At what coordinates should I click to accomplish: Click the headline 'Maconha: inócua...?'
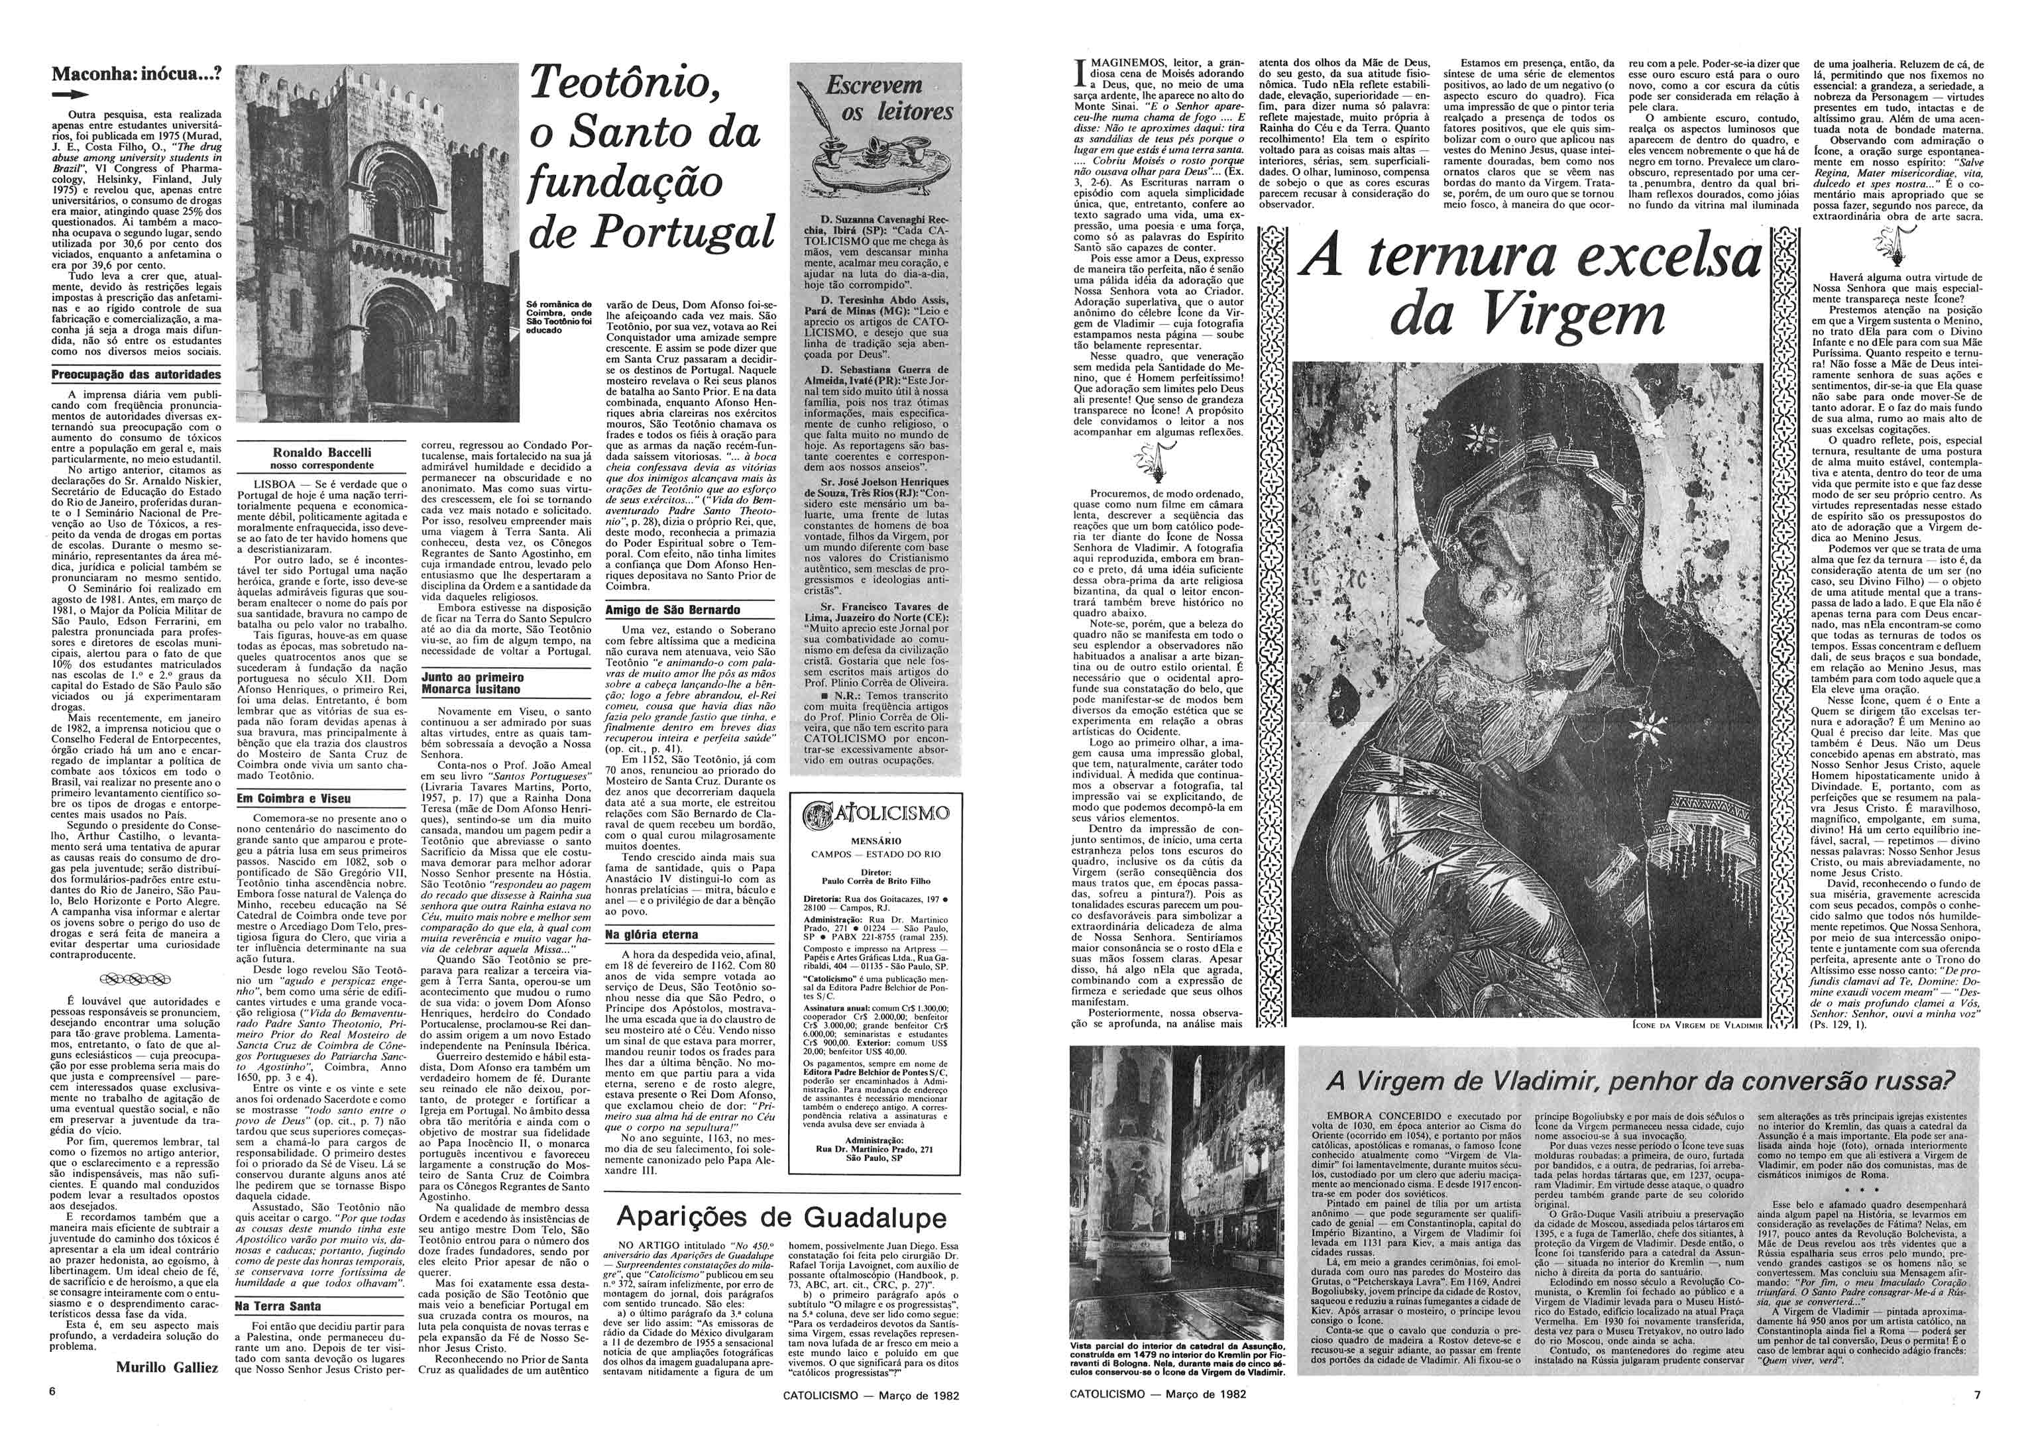(136, 76)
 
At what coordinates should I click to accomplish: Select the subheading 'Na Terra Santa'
(276, 1306)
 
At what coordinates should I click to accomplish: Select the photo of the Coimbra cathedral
(378, 243)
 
